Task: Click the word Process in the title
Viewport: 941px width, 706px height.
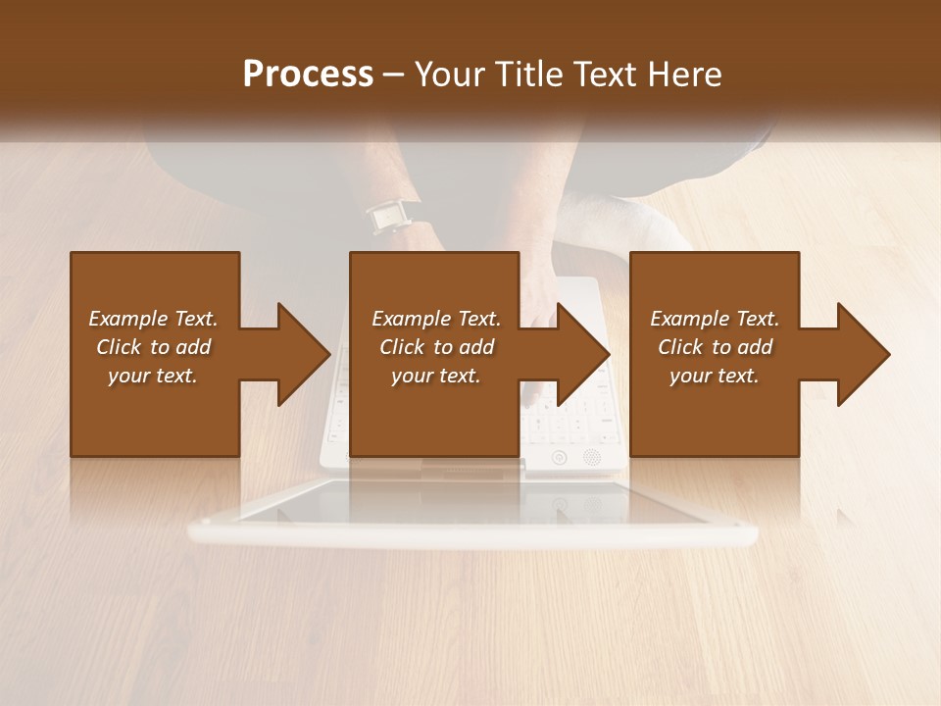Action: point(308,75)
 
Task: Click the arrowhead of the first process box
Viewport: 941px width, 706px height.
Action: point(304,354)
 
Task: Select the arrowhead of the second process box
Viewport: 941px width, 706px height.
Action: point(583,354)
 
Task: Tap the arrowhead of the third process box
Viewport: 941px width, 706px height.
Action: point(863,354)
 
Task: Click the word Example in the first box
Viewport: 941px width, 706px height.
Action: point(127,319)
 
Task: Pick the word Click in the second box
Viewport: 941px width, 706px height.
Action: point(403,347)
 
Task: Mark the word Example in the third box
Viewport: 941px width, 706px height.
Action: point(688,319)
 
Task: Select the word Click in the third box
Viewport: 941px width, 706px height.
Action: point(681,347)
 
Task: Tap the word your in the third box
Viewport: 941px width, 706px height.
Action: point(690,376)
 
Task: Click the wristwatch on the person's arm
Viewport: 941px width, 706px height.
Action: point(390,216)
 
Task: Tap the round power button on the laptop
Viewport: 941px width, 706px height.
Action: point(560,457)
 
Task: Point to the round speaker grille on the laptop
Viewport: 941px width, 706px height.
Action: point(591,456)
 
